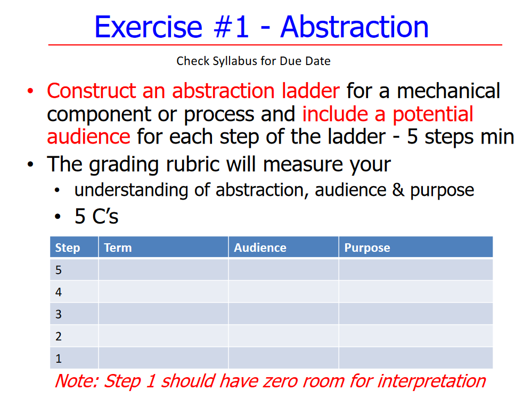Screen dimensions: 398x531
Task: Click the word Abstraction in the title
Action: click(x=354, y=27)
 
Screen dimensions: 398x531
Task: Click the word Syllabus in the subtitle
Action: click(x=234, y=61)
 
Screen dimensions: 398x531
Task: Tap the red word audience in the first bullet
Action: click(x=88, y=137)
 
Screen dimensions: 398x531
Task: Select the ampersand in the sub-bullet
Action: click(x=398, y=190)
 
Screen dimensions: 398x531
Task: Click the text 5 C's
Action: click(x=96, y=217)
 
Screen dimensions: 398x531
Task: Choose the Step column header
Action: click(x=68, y=248)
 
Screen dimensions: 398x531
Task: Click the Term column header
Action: click(x=118, y=248)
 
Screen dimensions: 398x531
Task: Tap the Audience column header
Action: click(x=260, y=248)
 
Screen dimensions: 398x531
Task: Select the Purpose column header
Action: click(x=367, y=248)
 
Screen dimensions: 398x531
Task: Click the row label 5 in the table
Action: click(x=59, y=270)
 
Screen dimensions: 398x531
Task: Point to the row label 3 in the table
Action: click(x=59, y=314)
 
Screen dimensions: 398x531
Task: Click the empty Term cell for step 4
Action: click(x=163, y=292)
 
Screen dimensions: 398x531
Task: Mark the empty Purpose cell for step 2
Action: click(x=415, y=336)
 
